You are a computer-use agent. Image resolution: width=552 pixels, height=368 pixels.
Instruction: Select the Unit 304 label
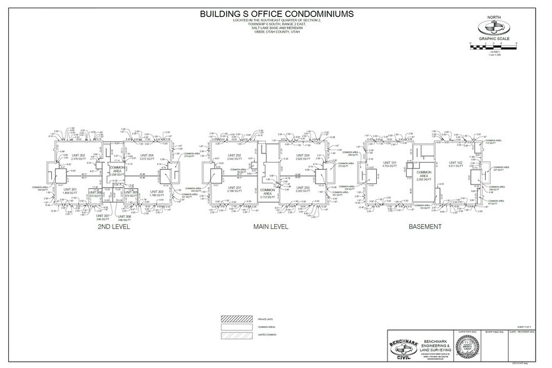(x=147, y=156)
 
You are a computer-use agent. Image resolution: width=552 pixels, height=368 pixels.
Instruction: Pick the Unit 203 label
(x=303, y=189)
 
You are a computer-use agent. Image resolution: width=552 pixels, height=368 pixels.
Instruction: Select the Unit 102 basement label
(x=455, y=164)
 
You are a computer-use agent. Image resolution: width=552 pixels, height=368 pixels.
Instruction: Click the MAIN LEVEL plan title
(x=270, y=227)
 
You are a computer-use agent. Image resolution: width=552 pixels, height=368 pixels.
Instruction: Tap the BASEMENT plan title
(x=425, y=227)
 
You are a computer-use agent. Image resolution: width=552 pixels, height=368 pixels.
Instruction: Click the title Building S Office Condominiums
(x=275, y=13)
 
